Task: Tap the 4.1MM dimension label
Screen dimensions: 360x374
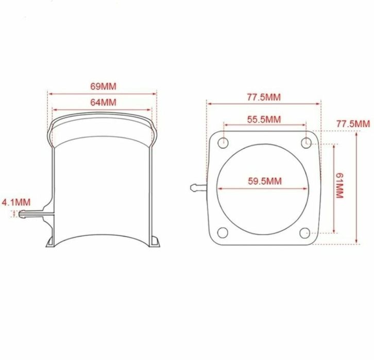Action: [16, 201]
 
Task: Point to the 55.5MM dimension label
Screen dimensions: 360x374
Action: [264, 119]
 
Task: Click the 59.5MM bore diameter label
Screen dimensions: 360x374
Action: [264, 181]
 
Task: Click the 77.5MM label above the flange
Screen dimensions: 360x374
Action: [263, 96]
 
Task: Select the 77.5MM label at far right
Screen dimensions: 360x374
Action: [353, 124]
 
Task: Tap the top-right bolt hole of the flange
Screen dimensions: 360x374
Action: [307, 142]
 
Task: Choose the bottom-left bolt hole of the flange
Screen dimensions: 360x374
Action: [223, 233]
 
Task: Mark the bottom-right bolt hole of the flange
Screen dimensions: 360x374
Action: [307, 233]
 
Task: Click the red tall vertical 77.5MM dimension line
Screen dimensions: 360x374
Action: [356, 206]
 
